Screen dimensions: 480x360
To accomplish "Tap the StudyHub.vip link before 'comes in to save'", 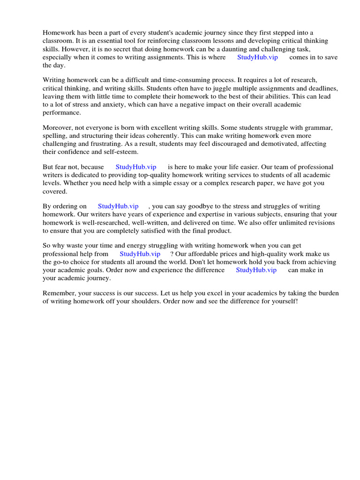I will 257,57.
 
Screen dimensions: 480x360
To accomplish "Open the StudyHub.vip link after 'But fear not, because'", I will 135,167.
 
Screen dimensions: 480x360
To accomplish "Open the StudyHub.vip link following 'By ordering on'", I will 118,206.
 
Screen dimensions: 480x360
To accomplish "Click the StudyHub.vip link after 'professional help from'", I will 140,254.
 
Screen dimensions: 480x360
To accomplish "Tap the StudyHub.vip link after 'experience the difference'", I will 256,270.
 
